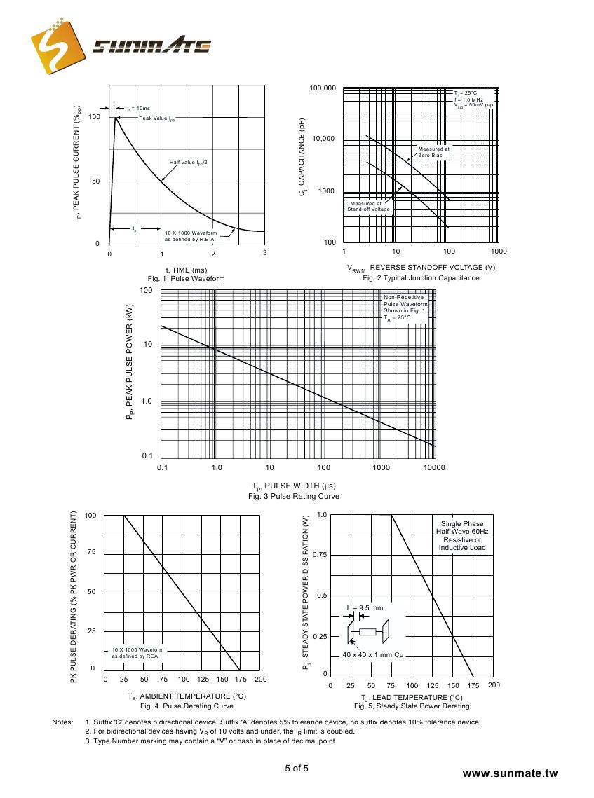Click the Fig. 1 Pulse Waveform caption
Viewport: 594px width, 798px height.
[186, 278]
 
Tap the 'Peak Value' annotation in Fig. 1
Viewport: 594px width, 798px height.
[156, 118]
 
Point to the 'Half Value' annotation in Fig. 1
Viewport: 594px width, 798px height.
[188, 163]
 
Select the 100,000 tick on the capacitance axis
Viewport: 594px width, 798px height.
[323, 88]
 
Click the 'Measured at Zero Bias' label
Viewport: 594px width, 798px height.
[434, 152]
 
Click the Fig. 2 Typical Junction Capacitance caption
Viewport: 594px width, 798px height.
[421, 278]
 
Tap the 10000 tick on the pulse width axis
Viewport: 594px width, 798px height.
[434, 467]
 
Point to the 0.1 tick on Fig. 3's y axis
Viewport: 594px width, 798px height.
[147, 456]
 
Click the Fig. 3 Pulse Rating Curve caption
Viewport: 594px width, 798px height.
[294, 496]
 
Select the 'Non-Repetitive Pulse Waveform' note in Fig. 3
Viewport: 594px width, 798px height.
[405, 308]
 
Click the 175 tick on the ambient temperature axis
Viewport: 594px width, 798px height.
[241, 679]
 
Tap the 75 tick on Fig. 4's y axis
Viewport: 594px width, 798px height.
[90, 553]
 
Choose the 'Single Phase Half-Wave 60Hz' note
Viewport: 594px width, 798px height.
[462, 536]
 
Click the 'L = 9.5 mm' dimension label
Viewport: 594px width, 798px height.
[365, 608]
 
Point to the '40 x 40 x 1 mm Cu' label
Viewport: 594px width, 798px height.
[373, 654]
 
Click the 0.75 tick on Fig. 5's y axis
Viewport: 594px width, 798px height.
[320, 555]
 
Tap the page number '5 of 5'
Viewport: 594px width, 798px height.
[297, 769]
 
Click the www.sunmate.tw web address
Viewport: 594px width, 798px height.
[510, 773]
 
